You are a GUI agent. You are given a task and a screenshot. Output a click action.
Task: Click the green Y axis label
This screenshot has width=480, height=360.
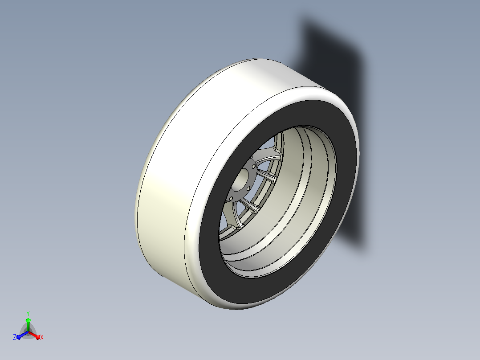(x=28, y=313)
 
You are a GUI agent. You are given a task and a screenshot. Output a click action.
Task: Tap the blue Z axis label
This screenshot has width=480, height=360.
(x=14, y=337)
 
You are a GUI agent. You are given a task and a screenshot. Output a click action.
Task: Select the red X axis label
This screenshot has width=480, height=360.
(x=42, y=337)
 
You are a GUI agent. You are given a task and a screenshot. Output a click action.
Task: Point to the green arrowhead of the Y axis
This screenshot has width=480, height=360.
(x=28, y=320)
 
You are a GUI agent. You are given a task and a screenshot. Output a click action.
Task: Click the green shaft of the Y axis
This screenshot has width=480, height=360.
(x=28, y=327)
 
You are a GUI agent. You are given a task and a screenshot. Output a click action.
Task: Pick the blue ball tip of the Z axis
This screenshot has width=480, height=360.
(x=19, y=337)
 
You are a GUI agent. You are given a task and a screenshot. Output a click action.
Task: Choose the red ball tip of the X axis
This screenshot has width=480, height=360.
(x=38, y=338)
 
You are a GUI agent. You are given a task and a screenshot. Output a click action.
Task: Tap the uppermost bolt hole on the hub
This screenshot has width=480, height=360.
(x=253, y=166)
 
